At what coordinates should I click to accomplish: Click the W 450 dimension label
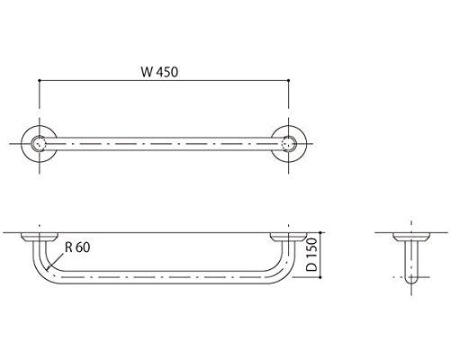(x=159, y=72)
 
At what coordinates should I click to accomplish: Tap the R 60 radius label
(x=77, y=247)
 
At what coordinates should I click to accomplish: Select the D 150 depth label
(x=312, y=255)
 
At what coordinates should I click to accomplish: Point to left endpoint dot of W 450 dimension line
(x=40, y=80)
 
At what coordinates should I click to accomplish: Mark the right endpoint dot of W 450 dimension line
(x=289, y=80)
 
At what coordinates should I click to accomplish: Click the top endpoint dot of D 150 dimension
(x=320, y=232)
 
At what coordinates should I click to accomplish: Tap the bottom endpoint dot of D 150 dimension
(x=320, y=277)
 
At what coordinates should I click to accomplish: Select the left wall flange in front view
(x=40, y=237)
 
